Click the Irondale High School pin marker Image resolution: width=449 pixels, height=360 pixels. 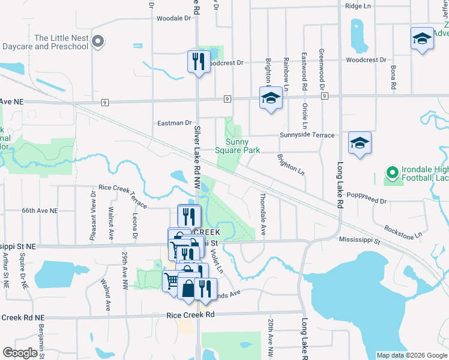click(x=393, y=174)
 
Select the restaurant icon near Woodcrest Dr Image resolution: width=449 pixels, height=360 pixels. click(x=199, y=61)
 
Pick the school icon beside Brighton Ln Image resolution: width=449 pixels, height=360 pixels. click(x=271, y=97)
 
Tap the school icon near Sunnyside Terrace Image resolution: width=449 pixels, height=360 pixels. click(x=360, y=143)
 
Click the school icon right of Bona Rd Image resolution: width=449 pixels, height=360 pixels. click(x=422, y=39)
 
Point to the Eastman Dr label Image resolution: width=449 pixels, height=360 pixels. click(x=174, y=123)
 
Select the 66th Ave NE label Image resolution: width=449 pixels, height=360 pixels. click(x=40, y=211)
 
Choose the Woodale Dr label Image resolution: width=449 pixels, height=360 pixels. click(x=173, y=19)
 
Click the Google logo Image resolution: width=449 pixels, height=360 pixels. click(x=20, y=353)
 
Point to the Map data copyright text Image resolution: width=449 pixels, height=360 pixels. click(x=411, y=355)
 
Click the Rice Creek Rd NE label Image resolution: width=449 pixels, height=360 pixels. click(x=22, y=317)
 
